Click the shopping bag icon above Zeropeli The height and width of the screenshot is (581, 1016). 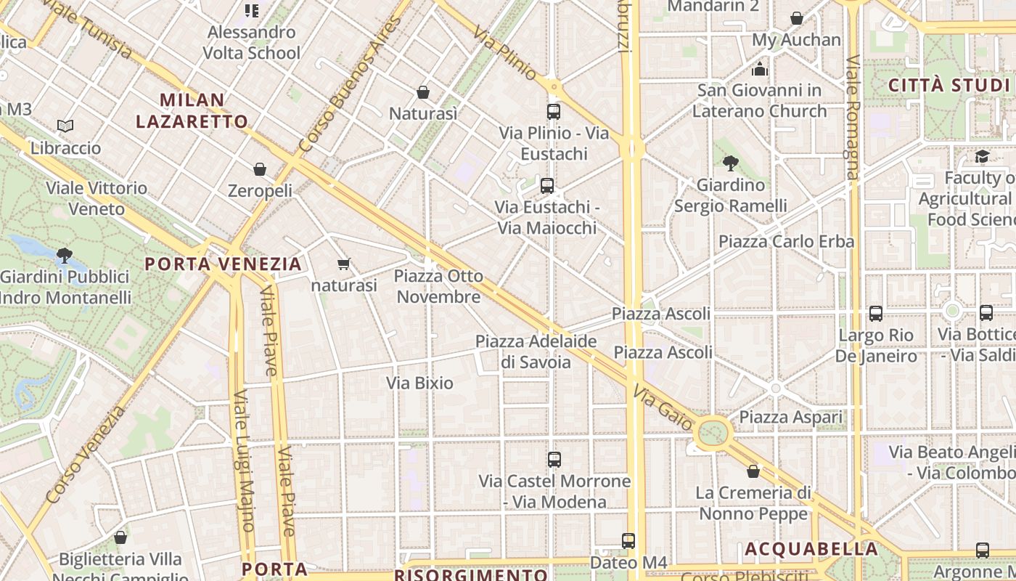pyautogui.click(x=260, y=169)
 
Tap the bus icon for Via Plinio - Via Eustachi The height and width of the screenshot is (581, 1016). pyautogui.click(x=554, y=112)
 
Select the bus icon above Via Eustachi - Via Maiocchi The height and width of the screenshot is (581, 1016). pyautogui.click(x=547, y=185)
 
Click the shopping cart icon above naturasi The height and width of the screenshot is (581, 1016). pyautogui.click(x=344, y=264)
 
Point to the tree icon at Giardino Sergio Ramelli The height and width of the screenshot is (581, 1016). pyautogui.click(x=730, y=163)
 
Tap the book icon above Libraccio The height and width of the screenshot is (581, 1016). pyautogui.click(x=65, y=126)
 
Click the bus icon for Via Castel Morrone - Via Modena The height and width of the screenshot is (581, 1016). pyautogui.click(x=554, y=459)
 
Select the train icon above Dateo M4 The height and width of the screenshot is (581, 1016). pyautogui.click(x=628, y=540)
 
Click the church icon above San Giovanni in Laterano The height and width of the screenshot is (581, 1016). pyautogui.click(x=760, y=69)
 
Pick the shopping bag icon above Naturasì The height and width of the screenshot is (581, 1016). pyautogui.click(x=423, y=92)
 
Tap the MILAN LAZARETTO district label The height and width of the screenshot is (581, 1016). pyautogui.click(x=192, y=110)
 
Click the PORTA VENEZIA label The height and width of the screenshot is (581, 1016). pyautogui.click(x=223, y=264)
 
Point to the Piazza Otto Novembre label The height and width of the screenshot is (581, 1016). pyautogui.click(x=439, y=286)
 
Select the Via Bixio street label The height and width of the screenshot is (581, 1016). pyautogui.click(x=419, y=383)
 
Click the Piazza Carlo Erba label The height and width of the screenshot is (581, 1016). pyautogui.click(x=786, y=241)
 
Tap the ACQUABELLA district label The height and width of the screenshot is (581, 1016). pyautogui.click(x=811, y=548)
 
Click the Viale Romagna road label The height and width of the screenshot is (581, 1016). pyautogui.click(x=852, y=116)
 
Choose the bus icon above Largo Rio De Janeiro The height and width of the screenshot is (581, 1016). pyautogui.click(x=876, y=314)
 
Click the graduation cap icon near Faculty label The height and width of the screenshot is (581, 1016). pyautogui.click(x=982, y=156)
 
